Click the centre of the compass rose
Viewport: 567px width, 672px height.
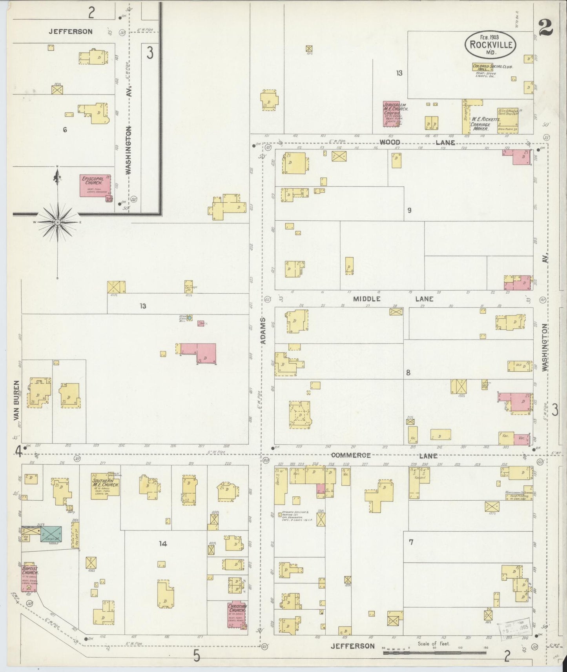[58, 222]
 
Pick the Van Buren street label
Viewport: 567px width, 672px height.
[16, 400]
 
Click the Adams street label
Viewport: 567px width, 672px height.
[263, 331]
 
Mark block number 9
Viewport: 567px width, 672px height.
[409, 210]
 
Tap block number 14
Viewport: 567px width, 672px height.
[163, 543]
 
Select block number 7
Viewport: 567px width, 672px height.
[411, 542]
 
